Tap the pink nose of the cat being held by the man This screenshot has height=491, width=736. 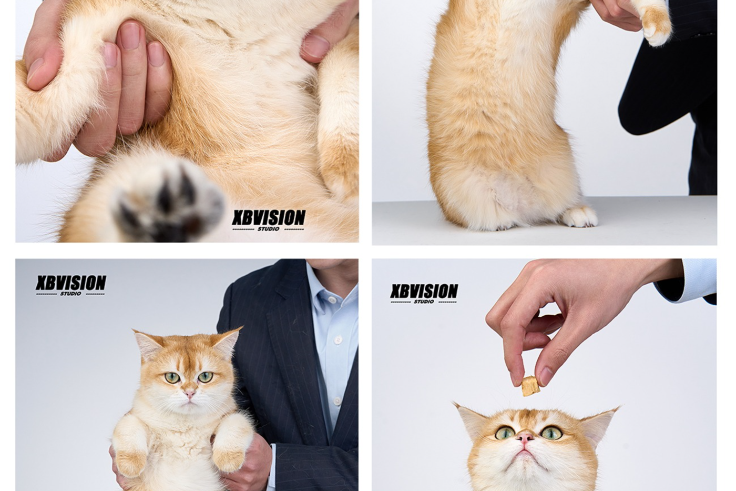point(190,394)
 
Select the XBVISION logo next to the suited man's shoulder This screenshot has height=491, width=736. point(70,285)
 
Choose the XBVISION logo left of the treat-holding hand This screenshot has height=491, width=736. point(424,293)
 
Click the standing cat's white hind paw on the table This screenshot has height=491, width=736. point(580,216)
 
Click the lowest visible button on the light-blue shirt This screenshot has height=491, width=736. point(336,401)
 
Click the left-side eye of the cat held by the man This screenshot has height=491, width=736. point(172,377)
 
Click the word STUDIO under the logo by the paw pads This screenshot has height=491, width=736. point(269,228)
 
